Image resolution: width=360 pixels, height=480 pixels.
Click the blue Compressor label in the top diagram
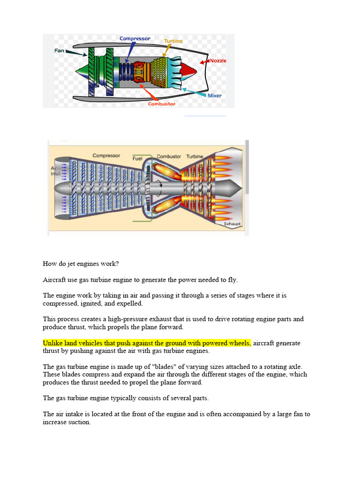(x=135, y=38)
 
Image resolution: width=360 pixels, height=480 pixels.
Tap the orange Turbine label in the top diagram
(x=173, y=41)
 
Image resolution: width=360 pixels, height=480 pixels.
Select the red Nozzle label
(x=218, y=61)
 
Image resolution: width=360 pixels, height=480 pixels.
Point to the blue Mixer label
(x=214, y=96)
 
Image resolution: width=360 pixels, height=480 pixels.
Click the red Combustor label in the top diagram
(x=162, y=104)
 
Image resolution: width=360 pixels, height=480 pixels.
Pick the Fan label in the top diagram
(x=60, y=51)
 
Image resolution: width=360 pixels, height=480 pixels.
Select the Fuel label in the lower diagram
(x=137, y=158)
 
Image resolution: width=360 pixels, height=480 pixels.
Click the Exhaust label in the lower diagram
(x=232, y=224)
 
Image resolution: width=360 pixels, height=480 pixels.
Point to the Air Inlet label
(x=56, y=171)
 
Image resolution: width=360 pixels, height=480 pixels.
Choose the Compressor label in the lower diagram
(x=106, y=156)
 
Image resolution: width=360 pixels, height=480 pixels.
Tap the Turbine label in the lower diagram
(x=195, y=156)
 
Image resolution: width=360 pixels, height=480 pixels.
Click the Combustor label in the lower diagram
(x=169, y=156)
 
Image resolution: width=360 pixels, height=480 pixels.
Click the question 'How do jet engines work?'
(x=81, y=263)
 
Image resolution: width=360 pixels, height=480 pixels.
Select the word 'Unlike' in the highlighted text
(x=53, y=343)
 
